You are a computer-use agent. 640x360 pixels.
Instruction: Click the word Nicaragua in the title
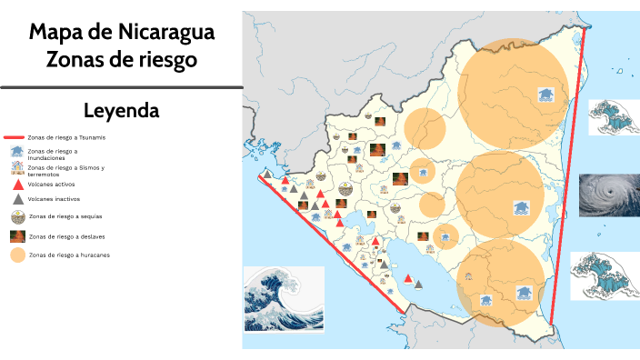(166, 34)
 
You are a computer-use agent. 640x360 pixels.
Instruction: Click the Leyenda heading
(121, 111)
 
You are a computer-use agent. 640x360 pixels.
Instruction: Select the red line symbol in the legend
(15, 138)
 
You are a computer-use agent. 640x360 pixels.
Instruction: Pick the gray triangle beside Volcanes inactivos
(17, 198)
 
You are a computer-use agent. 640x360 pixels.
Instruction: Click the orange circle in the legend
(17, 255)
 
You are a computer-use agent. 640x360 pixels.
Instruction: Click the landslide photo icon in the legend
(17, 236)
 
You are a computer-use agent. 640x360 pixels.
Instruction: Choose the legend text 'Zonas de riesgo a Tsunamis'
(73, 138)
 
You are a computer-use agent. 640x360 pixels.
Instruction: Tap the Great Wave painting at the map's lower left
(284, 300)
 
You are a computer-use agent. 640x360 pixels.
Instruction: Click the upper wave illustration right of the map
(612, 117)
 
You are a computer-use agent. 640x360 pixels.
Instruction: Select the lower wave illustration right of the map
(604, 275)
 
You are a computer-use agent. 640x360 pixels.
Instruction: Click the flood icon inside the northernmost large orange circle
(545, 95)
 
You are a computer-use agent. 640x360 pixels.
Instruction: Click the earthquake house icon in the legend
(16, 169)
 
